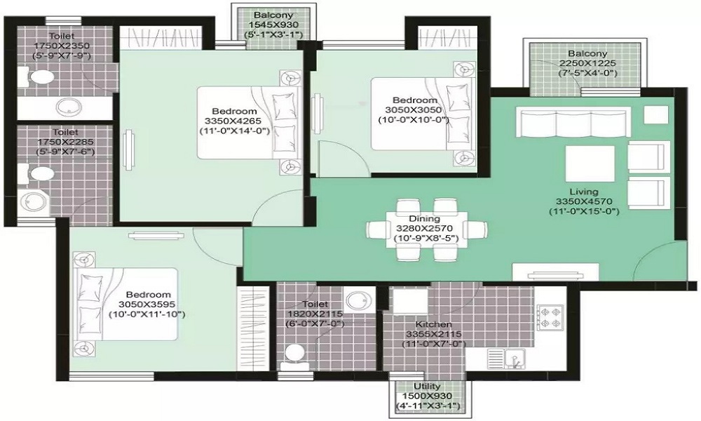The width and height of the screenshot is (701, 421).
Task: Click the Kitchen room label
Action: [428, 326]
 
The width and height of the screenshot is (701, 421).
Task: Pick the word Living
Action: [583, 192]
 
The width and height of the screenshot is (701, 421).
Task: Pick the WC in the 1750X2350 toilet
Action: [41, 76]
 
